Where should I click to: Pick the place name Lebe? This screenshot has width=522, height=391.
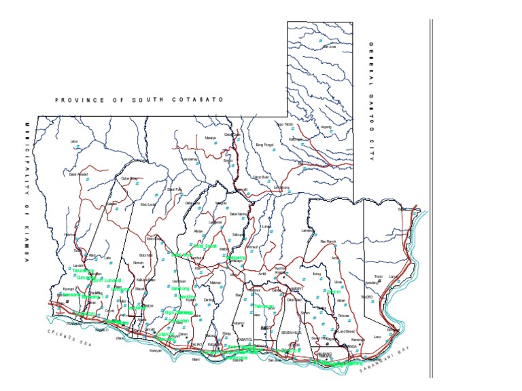click(x=75, y=141)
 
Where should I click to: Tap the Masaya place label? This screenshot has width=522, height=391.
click(x=210, y=138)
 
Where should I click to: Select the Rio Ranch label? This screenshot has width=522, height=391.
click(x=328, y=241)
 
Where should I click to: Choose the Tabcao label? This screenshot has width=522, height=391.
click(x=343, y=316)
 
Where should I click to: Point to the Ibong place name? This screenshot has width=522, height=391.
click(x=317, y=274)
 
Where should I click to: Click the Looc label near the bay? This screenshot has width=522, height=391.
click(x=377, y=337)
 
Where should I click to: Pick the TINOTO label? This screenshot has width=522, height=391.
click(x=367, y=297)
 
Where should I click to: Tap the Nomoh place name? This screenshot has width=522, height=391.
click(x=139, y=263)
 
